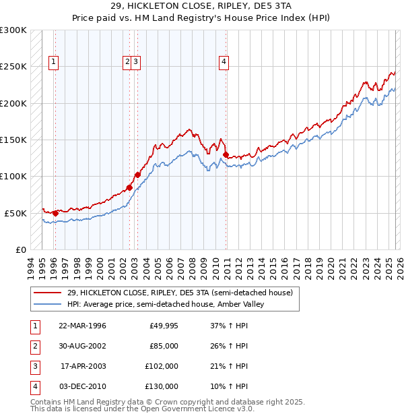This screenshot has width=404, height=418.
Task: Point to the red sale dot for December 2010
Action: pyautogui.click(x=225, y=154)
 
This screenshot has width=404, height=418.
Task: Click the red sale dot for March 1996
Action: pyautogui.click(x=55, y=213)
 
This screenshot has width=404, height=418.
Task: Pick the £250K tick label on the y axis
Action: pyautogui.click(x=13, y=67)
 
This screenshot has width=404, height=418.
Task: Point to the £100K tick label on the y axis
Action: pyautogui.click(x=13, y=177)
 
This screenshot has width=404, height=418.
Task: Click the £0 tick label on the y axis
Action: pyautogui.click(x=20, y=249)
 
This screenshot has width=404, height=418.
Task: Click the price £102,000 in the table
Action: pyautogui.click(x=162, y=367)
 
